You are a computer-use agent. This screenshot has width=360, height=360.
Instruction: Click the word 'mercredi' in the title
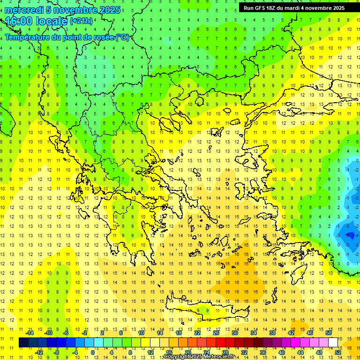point(24,10)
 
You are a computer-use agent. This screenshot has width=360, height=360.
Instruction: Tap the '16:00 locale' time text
point(37,21)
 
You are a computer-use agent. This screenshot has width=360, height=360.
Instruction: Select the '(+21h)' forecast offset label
point(81,21)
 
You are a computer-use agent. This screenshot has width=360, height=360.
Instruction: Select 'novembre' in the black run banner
point(320,8)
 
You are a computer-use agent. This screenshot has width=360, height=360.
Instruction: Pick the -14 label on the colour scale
point(30,333)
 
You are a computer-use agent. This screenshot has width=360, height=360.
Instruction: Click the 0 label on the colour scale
point(93,352)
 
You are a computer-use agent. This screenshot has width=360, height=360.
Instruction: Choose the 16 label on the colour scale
point(169,352)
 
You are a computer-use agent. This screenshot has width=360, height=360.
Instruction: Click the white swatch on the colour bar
point(333,343)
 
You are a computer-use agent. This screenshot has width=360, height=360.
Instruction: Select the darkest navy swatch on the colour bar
point(23,343)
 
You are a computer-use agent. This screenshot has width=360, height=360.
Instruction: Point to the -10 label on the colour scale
point(48,333)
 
